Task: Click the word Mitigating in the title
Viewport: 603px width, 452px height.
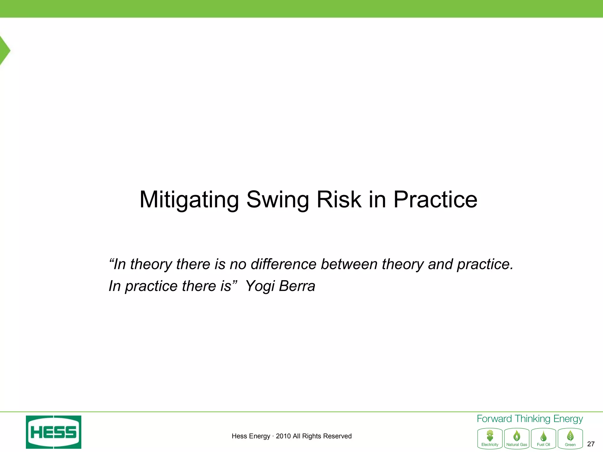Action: click(x=189, y=200)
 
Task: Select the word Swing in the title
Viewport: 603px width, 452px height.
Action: click(x=277, y=200)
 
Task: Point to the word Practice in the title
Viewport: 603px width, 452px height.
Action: click(x=435, y=200)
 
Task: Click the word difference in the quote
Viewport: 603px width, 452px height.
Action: click(x=283, y=264)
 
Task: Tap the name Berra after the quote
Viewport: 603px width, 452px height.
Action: click(x=297, y=286)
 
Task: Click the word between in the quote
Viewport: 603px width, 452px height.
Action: click(x=349, y=264)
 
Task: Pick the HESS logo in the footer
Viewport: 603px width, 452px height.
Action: click(x=54, y=432)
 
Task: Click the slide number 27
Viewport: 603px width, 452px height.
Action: click(x=591, y=444)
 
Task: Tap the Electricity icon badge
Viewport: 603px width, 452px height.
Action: click(x=490, y=438)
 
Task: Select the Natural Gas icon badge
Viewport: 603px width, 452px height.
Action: click(x=516, y=438)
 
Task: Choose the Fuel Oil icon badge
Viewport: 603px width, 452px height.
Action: click(x=543, y=438)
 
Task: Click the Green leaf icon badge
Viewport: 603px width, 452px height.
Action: click(x=570, y=438)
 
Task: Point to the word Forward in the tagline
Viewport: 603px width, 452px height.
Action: click(x=494, y=419)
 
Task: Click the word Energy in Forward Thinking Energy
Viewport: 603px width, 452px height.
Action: click(x=568, y=419)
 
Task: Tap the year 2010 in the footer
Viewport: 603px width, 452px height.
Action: click(x=283, y=436)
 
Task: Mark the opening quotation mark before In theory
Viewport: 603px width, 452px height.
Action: click(x=111, y=260)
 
